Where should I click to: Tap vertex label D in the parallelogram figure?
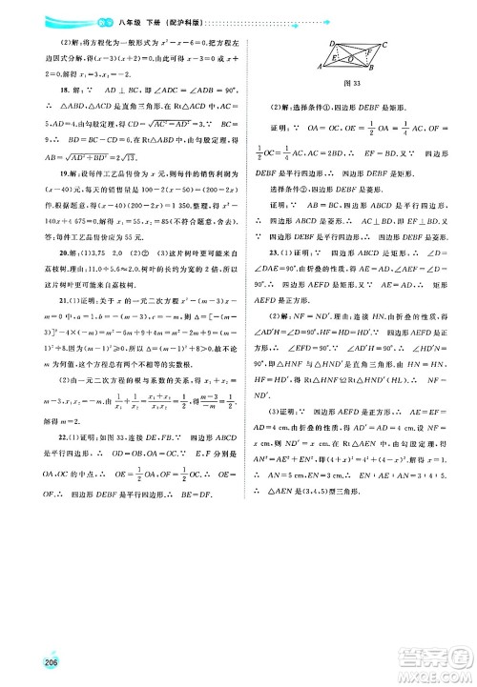pyautogui.click(x=332, y=43)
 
